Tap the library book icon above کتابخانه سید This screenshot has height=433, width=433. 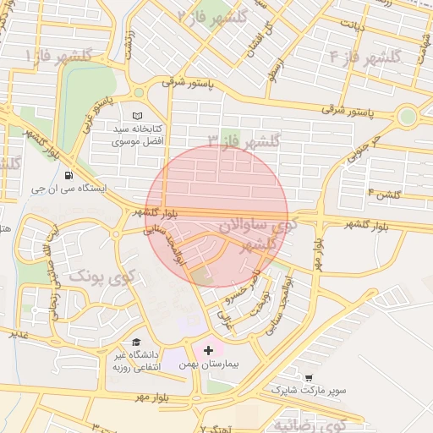click(138, 115)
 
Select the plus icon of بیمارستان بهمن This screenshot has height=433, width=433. click(209, 349)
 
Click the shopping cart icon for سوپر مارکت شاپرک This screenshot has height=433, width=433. click(309, 378)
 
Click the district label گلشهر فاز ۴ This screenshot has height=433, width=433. click(364, 58)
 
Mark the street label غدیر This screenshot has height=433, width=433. click(12, 334)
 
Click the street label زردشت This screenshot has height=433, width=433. click(128, 44)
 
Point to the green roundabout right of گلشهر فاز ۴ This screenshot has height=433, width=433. click(408, 115)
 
